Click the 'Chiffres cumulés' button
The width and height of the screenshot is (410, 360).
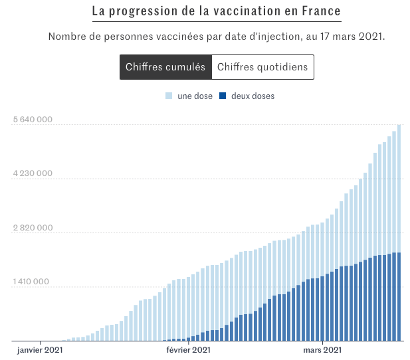pyautogui.click(x=165, y=67)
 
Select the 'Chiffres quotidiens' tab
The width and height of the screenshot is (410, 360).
pyautogui.click(x=262, y=67)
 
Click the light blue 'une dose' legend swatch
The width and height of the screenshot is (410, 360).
pyautogui.click(x=169, y=96)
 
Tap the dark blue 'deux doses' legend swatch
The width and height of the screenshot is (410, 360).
pyautogui.click(x=223, y=96)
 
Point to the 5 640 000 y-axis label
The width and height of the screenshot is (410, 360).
pyautogui.click(x=33, y=120)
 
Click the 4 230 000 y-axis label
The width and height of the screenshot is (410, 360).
pyautogui.click(x=33, y=174)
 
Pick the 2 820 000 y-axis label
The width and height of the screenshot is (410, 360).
pyautogui.click(x=33, y=228)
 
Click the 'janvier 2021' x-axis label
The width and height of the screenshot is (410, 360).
pyautogui.click(x=40, y=349)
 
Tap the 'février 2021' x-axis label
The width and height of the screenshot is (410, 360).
pyautogui.click(x=188, y=349)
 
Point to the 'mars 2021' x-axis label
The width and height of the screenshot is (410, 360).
pyautogui.click(x=322, y=349)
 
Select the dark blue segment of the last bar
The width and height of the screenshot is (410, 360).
pyautogui.click(x=399, y=296)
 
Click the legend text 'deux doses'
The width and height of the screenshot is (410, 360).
pyautogui.click(x=253, y=96)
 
